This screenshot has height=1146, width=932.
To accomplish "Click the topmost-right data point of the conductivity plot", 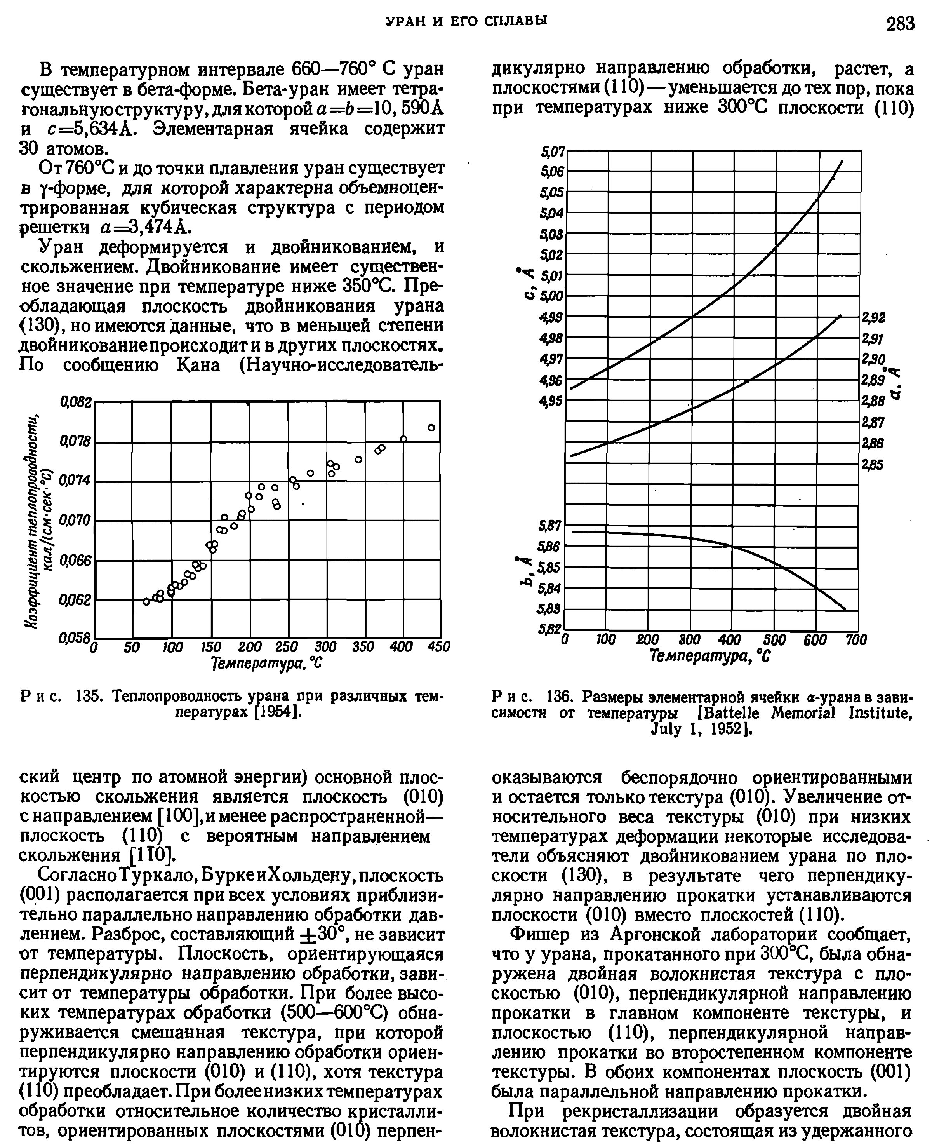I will tap(431, 427).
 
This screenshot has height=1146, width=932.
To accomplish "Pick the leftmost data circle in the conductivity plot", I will tap(146, 601).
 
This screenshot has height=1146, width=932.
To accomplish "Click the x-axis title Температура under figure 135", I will tap(267, 664).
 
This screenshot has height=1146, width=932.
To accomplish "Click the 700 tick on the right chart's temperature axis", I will tap(856, 639).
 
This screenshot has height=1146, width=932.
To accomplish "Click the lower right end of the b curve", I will tap(845, 610).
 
